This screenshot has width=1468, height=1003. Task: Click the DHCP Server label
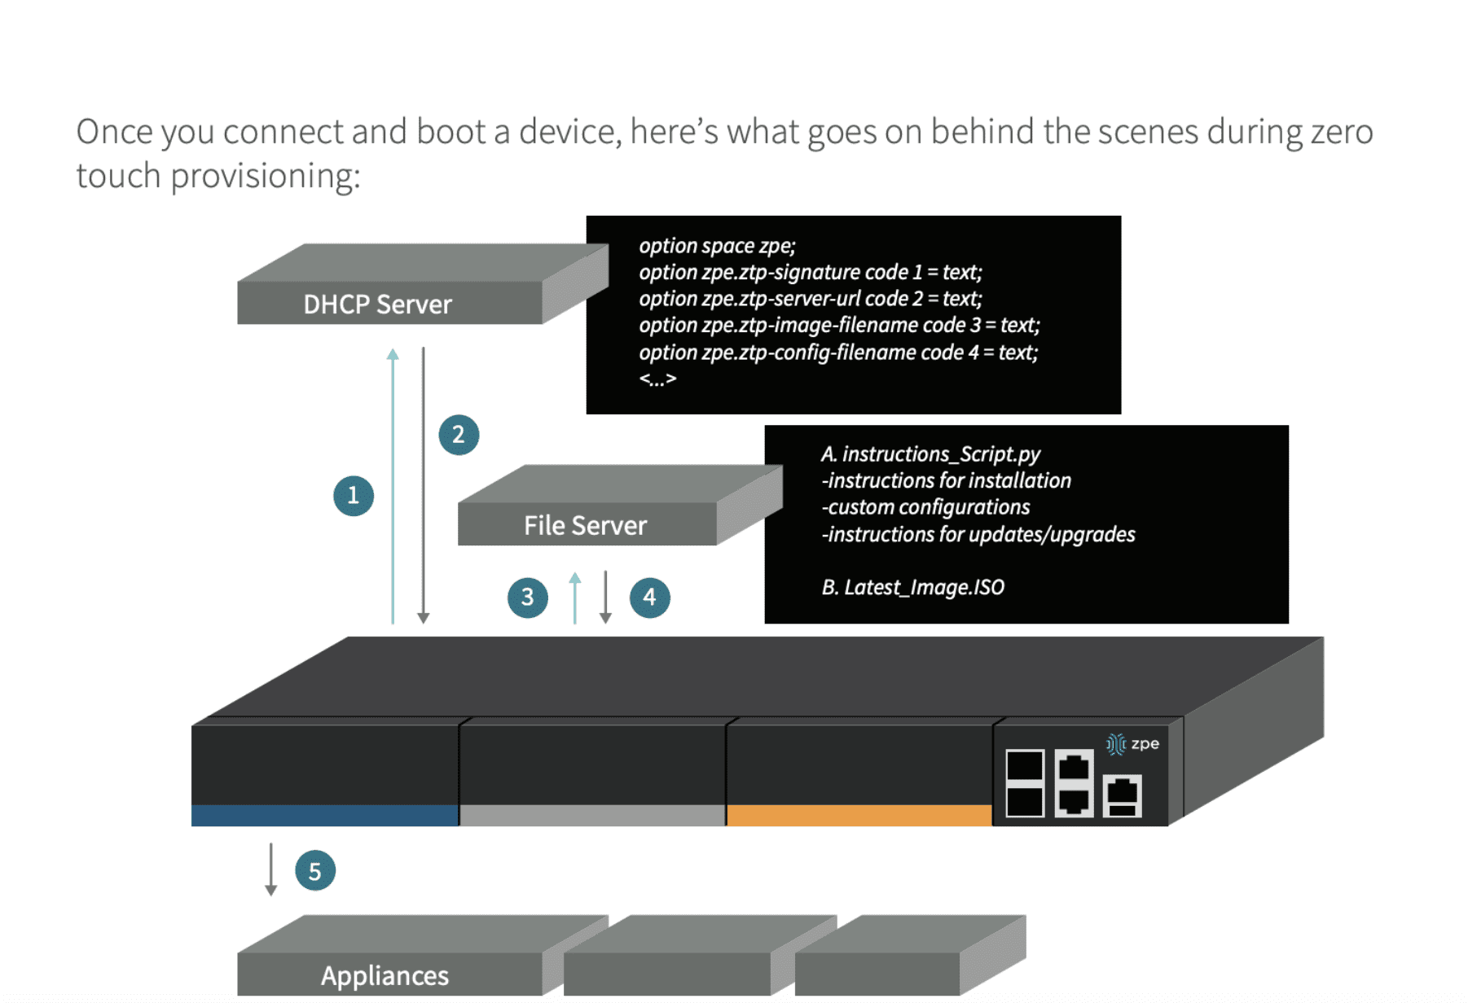point(377,304)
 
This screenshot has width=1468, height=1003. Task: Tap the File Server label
point(585,526)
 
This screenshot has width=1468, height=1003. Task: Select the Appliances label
point(385,975)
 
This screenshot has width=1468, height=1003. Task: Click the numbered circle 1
point(354,496)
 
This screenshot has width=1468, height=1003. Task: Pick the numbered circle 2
point(459,435)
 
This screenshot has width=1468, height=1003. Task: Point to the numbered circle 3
point(528,598)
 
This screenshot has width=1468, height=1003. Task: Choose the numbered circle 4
point(649,598)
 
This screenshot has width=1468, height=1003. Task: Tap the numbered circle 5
point(315,871)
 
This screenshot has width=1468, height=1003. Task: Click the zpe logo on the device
point(1133,744)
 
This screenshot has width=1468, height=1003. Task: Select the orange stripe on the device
point(859,816)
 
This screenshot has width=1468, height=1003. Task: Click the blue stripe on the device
point(324,816)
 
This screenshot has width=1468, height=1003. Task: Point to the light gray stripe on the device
point(592,816)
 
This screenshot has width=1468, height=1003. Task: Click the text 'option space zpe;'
point(717,246)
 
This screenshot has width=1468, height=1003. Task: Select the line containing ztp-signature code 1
point(810,272)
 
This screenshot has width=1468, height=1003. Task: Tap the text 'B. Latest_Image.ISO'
point(912,587)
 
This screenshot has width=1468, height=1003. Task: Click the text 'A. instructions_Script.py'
point(930,454)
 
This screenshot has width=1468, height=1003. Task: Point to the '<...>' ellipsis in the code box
point(657,379)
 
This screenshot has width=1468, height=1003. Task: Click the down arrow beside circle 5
point(271,869)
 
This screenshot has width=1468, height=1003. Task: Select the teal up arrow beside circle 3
point(575,598)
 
